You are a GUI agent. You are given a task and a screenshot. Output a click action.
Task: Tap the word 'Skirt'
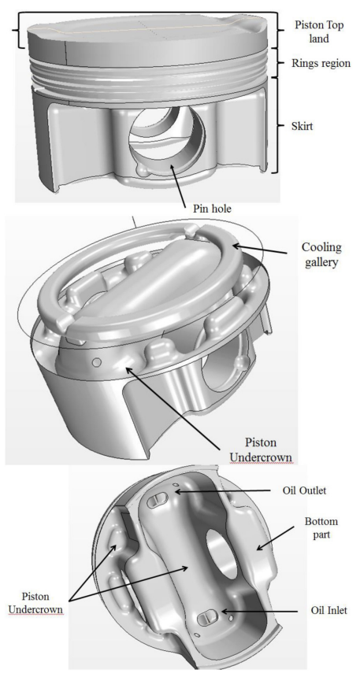302,127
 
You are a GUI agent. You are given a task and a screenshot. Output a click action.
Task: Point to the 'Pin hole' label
212,209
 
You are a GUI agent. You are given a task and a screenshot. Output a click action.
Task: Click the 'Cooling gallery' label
321,254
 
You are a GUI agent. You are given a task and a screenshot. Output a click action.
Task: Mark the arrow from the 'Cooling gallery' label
259,249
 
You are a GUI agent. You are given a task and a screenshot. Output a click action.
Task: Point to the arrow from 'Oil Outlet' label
226,491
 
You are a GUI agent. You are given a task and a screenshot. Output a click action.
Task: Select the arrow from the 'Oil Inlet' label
258,611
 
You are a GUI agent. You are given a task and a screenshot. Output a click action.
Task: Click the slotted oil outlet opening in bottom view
157,501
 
